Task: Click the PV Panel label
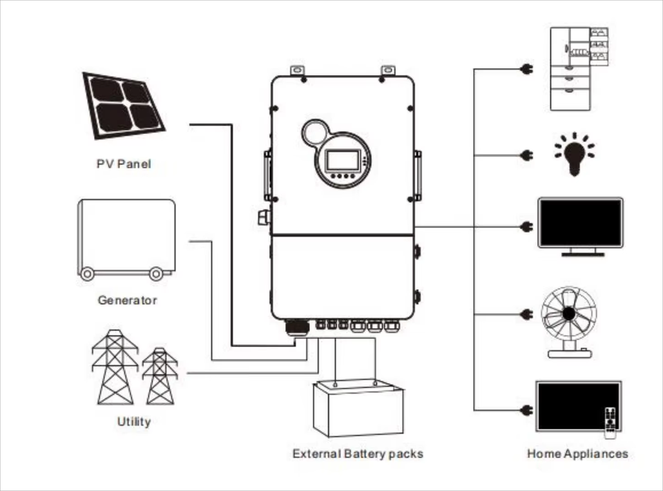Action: click(124, 164)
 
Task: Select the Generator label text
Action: click(127, 300)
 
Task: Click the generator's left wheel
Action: click(88, 273)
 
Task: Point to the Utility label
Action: click(133, 421)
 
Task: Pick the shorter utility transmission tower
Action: click(160, 376)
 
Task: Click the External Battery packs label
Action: click(357, 454)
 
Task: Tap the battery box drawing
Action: click(358, 410)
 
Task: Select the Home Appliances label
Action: click(577, 454)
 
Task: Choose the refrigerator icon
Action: click(579, 68)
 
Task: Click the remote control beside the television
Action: click(609, 422)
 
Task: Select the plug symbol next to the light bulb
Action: click(526, 155)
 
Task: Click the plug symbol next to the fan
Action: click(526, 314)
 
